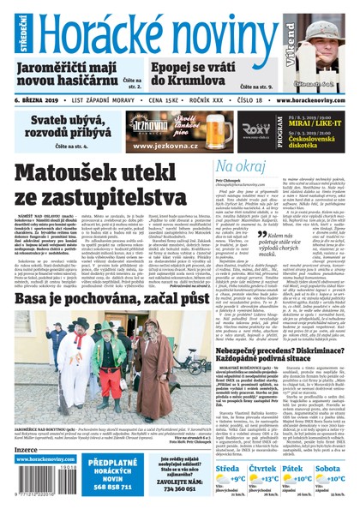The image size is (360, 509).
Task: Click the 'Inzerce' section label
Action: tap(27, 448)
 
